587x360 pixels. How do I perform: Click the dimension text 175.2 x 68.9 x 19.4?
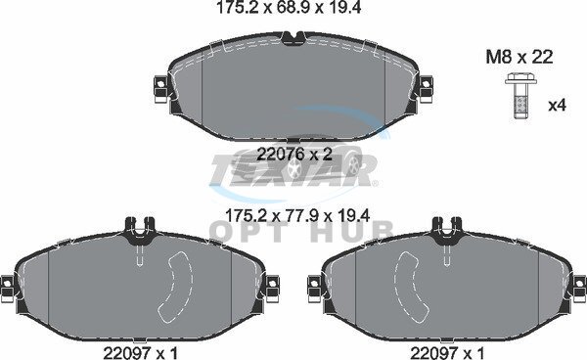[289, 8]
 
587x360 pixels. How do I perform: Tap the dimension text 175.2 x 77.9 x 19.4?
[297, 215]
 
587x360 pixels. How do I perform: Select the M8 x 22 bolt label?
[519, 58]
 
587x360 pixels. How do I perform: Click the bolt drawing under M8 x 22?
[520, 97]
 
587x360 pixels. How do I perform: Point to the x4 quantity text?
[557, 106]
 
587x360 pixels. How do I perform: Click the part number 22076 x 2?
[294, 154]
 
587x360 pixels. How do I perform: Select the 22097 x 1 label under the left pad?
[140, 352]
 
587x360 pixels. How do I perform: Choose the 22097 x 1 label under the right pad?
[447, 352]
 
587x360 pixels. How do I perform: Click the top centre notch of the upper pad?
[293, 37]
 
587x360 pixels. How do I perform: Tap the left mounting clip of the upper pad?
[161, 89]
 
